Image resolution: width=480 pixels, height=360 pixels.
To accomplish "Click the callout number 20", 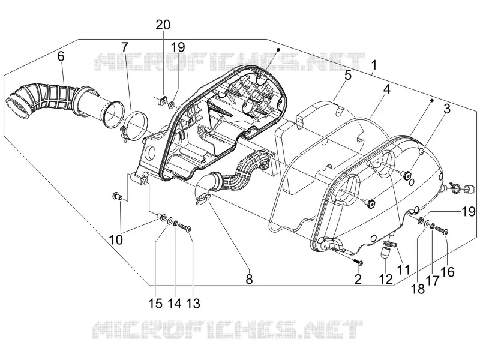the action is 163,25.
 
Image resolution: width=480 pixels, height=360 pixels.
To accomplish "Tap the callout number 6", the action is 61,56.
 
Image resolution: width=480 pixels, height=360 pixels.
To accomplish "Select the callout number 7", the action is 124,47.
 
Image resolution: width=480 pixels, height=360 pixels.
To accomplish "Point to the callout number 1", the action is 374,65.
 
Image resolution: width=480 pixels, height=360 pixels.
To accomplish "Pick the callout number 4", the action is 386,89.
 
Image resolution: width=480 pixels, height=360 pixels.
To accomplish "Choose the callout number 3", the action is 447,109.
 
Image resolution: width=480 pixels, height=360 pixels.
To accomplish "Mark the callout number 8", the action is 250,279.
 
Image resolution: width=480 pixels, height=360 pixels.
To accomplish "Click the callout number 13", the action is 193,304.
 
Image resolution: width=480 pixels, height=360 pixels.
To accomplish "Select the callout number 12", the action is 385,279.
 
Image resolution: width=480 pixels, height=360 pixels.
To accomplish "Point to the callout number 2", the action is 358,279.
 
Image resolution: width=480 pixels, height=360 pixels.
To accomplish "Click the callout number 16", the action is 448,272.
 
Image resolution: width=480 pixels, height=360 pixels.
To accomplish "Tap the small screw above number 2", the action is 358,262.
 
